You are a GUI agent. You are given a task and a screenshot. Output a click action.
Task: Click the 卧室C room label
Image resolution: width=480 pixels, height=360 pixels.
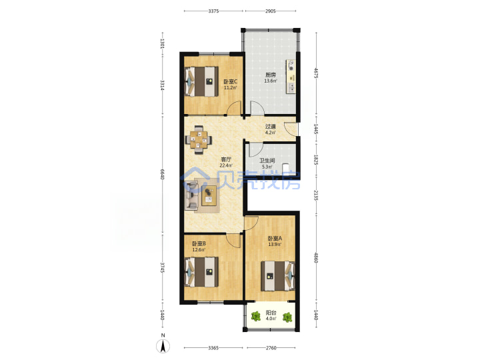(230, 82)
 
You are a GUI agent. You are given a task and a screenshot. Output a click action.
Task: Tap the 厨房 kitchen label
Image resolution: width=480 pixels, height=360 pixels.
(271, 75)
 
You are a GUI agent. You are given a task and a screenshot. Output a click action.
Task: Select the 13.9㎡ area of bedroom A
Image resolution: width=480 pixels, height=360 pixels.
(275, 244)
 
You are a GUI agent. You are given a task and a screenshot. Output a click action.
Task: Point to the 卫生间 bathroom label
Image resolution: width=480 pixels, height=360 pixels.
(267, 161)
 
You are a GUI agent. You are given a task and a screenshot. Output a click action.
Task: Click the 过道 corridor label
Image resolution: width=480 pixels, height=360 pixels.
(270, 126)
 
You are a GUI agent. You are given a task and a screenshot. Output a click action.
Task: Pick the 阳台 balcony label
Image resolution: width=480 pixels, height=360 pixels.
(271, 313)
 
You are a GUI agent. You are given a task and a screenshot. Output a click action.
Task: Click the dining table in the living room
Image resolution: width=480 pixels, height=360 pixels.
(199, 140)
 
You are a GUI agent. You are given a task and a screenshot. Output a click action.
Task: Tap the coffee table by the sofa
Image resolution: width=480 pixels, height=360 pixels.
(209, 195)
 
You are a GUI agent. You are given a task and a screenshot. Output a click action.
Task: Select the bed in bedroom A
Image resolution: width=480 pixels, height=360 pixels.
(277, 276)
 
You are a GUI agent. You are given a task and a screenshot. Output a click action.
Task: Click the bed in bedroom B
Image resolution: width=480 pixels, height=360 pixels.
(201, 272)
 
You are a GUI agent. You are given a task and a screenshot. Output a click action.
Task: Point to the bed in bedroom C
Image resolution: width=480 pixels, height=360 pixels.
(201, 81)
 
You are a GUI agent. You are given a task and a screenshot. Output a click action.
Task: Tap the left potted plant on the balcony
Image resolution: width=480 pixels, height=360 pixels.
(255, 317)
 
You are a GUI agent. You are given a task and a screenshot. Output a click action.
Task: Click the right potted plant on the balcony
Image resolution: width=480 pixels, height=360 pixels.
(287, 317)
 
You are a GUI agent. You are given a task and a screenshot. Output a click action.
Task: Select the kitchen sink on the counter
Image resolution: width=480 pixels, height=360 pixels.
(292, 88)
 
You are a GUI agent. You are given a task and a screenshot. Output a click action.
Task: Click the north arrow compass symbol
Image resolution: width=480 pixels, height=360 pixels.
(163, 347)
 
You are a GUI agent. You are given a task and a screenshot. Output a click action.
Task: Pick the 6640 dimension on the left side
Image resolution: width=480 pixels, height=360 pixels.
(163, 175)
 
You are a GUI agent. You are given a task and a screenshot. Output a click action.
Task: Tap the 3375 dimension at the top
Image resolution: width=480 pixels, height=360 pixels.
(213, 11)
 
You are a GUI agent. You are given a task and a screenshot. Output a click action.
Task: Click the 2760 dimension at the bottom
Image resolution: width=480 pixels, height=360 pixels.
(271, 348)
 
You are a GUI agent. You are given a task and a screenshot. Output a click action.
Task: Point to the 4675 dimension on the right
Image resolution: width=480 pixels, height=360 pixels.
(316, 73)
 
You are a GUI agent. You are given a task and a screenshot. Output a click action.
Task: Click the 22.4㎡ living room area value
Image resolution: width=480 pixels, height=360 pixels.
(226, 165)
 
